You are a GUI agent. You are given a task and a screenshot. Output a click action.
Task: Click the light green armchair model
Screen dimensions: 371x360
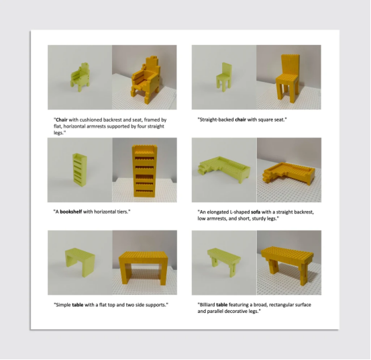tap(80, 77)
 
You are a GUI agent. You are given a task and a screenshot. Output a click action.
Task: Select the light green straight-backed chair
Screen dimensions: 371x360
tap(223, 77)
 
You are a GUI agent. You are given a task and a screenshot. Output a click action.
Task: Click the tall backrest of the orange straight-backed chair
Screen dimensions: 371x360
tap(290, 64)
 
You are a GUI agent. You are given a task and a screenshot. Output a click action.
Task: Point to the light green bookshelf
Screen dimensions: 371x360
tap(80, 169)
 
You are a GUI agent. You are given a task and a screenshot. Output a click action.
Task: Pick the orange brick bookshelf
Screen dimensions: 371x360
tap(144, 171)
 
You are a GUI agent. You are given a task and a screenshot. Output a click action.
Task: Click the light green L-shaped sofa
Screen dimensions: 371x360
tap(223, 169)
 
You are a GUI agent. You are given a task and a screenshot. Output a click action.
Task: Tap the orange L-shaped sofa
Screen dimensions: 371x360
tap(288, 173)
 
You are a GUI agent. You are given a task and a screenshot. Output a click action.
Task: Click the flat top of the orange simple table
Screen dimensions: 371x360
tap(144, 257)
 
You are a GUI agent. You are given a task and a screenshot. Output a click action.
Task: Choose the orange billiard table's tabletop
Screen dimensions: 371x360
tap(287, 255)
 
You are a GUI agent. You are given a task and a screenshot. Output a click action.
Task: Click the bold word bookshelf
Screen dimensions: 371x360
tap(70, 212)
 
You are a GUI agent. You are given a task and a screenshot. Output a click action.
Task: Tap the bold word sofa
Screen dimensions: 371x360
tap(256, 212)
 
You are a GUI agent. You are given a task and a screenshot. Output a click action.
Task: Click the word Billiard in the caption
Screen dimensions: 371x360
tap(207, 304)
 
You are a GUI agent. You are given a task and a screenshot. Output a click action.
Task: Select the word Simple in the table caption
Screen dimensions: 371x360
tap(63, 304)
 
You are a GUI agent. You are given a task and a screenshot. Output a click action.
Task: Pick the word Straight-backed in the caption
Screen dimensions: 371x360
tap(217, 120)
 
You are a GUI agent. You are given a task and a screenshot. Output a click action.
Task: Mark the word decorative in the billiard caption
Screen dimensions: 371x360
tap(237, 311)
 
